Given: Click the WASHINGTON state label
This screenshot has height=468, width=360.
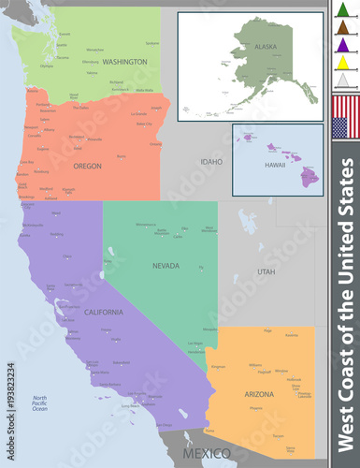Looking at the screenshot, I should tap(124, 62).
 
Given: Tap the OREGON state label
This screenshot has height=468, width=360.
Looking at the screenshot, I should tap(87, 166).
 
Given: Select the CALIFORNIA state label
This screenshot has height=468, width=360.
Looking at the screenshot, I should tap(103, 312).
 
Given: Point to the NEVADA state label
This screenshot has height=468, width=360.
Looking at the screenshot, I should tap(166, 266).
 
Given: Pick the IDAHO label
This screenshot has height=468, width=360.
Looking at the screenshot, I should tap(211, 162).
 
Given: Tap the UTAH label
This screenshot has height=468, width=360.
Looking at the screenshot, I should tap(266, 271).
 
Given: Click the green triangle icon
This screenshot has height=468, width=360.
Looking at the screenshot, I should tap(343, 12).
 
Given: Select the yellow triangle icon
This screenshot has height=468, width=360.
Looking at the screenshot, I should tap(343, 63).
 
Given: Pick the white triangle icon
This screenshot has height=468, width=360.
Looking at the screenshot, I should tap(343, 80).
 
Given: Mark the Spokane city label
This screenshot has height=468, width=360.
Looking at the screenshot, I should tap(152, 43).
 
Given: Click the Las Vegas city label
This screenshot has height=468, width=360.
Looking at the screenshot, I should tap(194, 344).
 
